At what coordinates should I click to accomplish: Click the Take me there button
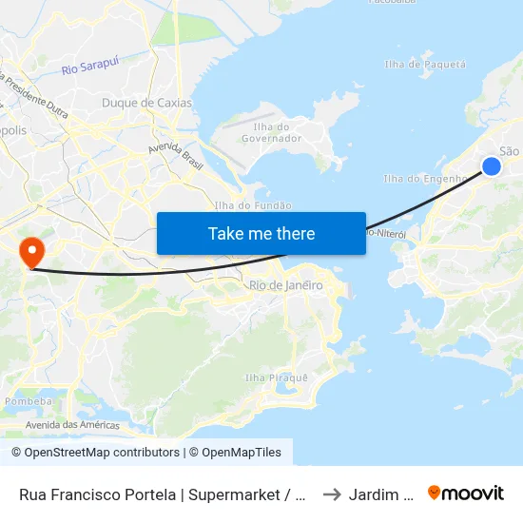pos(261,233)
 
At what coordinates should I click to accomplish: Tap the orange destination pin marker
pos(32,251)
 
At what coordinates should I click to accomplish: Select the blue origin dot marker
pos(492,166)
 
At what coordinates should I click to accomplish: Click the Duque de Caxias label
pos(146,103)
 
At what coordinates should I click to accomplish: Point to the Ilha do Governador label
pos(278,132)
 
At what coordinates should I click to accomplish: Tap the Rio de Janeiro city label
pos(285,285)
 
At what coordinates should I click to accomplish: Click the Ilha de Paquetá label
pos(425,65)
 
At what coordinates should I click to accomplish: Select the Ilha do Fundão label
pos(253,205)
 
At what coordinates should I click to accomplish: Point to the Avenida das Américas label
pos(72,425)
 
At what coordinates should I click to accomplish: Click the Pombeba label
pos(28,402)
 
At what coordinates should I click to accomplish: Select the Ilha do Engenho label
pos(424,178)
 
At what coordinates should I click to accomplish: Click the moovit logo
pos(466,493)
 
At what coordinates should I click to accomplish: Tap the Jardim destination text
pos(380,494)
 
